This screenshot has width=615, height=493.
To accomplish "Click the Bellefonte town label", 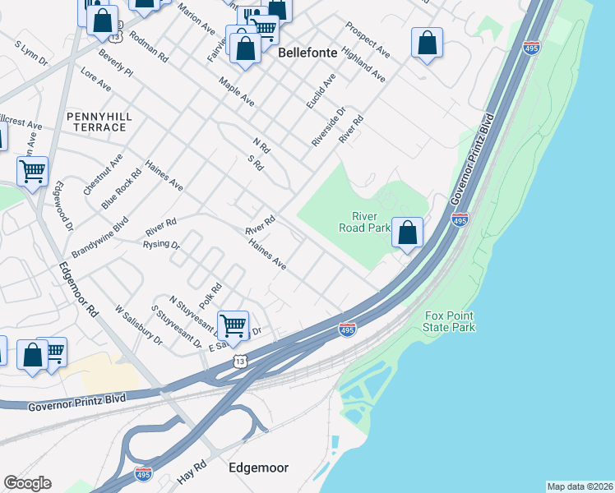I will [x=307, y=53].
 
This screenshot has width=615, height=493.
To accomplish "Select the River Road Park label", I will [x=364, y=223].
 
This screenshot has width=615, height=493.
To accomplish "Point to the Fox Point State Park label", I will [x=450, y=322].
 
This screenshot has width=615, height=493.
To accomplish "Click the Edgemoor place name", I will [x=258, y=468].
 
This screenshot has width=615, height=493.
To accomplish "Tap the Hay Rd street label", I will [x=191, y=472].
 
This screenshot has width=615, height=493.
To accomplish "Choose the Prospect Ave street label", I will [x=367, y=39].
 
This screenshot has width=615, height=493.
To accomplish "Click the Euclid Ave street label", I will [x=321, y=92].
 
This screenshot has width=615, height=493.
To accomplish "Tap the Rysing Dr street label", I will [x=161, y=244].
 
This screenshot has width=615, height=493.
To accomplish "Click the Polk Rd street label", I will [x=210, y=297].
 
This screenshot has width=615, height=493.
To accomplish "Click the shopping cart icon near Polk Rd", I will [x=234, y=325].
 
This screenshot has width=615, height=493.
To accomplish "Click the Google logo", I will [x=27, y=483].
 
